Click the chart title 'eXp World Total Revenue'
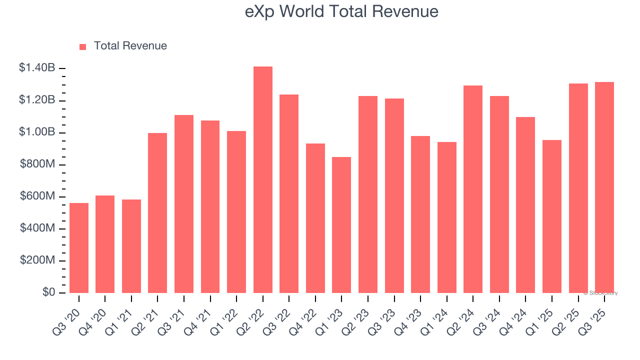[341, 11]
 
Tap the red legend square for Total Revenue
[83, 46]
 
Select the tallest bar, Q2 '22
[263, 180]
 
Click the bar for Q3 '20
[79, 248]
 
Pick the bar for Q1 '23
[341, 225]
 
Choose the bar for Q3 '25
[604, 187]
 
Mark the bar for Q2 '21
[157, 213]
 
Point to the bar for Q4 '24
[525, 205]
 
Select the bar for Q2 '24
[473, 189]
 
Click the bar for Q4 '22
[315, 218]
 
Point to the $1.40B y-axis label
[37, 68]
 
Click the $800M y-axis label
[37, 164]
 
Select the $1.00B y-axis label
[37, 132]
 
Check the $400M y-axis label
[37, 228]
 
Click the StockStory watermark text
[600, 293]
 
